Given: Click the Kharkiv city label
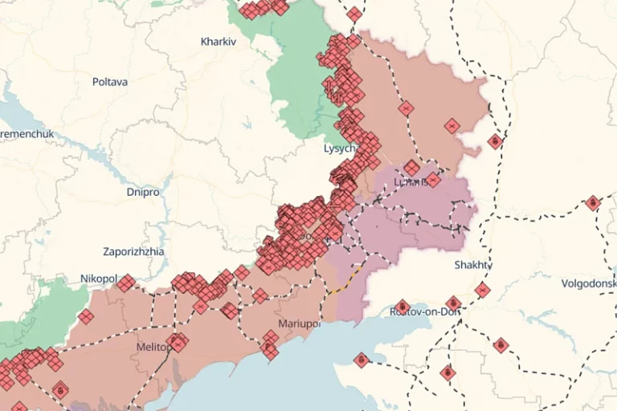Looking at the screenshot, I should (219, 40).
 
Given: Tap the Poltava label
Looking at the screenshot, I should (110, 82).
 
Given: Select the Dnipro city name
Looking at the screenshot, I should (143, 193).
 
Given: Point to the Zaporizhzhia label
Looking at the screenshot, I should (133, 251).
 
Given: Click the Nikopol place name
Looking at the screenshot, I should (98, 279).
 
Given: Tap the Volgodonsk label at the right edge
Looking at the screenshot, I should (590, 283).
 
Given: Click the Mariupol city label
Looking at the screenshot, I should (299, 324).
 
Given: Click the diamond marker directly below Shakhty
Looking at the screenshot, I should (482, 290).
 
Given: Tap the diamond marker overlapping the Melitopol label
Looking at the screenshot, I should (178, 343).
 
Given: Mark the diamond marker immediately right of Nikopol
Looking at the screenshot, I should (125, 283).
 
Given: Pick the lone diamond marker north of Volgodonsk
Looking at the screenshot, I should (593, 203).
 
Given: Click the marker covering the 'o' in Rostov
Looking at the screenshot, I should (402, 307).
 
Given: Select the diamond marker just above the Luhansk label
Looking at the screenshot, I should (411, 168).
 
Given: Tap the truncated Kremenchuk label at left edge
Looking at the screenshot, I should (22, 132).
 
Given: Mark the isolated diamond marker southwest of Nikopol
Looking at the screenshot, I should (86, 316).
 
